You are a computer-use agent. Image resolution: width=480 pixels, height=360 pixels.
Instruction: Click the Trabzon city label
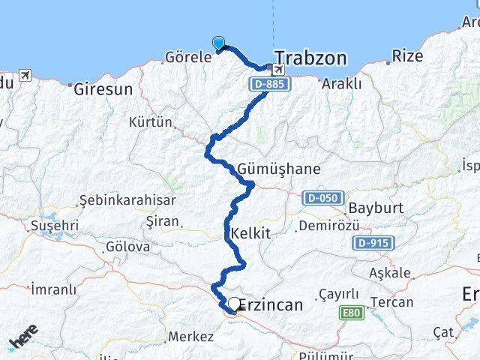tap(310, 58)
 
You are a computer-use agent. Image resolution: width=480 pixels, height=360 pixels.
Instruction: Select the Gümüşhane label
tap(268, 169)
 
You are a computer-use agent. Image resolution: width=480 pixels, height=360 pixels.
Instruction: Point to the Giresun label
tap(103, 88)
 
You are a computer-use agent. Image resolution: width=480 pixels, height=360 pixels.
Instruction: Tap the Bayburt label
tap(376, 207)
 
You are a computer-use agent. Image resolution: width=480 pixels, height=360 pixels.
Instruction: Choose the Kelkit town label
tap(251, 233)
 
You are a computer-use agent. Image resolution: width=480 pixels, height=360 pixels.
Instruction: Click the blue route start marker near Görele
tap(219, 43)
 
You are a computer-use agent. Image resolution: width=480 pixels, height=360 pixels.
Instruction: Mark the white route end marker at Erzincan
tap(235, 304)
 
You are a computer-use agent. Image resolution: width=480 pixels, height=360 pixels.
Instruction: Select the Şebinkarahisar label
tap(127, 200)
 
